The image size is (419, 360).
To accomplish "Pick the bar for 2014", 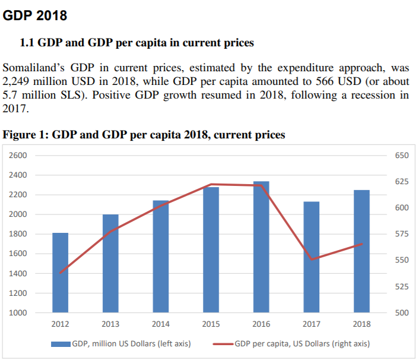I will (161, 256).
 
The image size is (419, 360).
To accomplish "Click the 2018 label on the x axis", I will (361, 324).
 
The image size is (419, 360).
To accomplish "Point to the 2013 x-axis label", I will (110, 324).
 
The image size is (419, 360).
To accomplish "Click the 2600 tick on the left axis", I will (19, 156).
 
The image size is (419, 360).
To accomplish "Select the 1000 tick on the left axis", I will (19, 313).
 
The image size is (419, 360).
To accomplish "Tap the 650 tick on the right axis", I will (401, 156).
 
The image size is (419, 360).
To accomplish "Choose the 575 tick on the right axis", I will (401, 234).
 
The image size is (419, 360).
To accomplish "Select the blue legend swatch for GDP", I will (60, 343).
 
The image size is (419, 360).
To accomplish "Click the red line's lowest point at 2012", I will (60, 273).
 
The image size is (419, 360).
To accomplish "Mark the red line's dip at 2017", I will (312, 260).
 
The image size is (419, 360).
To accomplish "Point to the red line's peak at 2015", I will (211, 184).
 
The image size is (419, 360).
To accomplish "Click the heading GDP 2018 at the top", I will (35, 16).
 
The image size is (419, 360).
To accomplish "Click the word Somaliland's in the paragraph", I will (33, 68).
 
